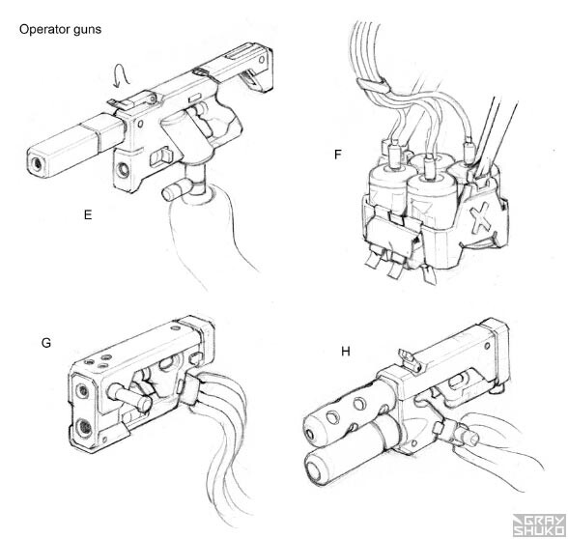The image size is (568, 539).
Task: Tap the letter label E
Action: (88, 215)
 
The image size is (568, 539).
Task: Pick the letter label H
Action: (346, 352)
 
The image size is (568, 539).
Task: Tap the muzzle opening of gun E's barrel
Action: (38, 166)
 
